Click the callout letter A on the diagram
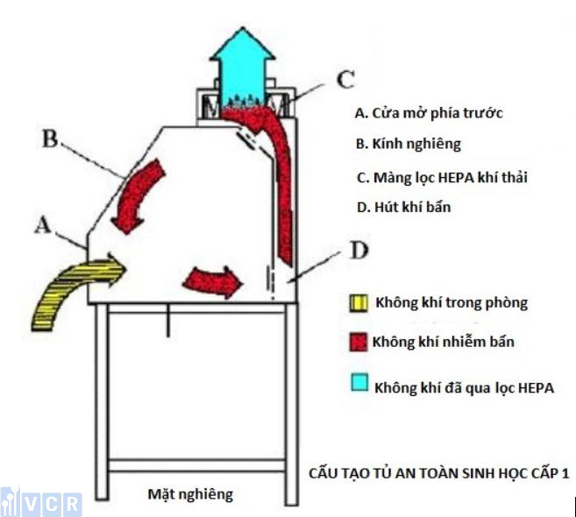(x=41, y=227)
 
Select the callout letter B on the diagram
(x=50, y=140)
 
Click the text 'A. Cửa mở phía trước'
(x=428, y=113)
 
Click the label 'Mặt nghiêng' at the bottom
(x=189, y=494)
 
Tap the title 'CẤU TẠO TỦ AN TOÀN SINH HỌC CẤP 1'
(x=438, y=472)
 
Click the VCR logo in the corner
(x=41, y=503)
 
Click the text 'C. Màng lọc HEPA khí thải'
(x=441, y=177)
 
